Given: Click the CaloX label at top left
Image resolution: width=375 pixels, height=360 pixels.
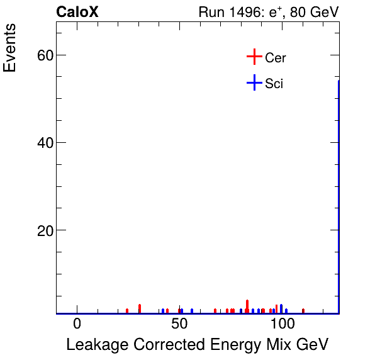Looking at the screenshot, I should click(x=77, y=12).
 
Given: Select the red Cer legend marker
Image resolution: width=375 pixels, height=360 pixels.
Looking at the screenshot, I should click(x=254, y=57).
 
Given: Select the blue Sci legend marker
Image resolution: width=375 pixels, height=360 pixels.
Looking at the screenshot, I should click(x=254, y=82).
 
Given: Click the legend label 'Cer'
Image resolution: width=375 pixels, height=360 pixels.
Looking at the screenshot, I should click(x=276, y=58).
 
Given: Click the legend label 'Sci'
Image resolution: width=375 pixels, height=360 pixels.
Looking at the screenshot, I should click(x=274, y=83).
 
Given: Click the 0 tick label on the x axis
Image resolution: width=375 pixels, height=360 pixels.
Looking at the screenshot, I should click(x=77, y=324).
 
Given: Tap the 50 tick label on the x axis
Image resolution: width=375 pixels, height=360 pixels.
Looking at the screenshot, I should click(x=180, y=324).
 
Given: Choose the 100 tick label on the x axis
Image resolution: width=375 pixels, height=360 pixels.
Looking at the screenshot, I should click(x=283, y=324).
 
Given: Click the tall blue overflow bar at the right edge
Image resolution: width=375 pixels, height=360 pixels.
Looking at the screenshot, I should click(x=339, y=195).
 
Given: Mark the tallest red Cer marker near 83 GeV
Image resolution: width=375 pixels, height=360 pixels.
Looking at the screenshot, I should click(x=247, y=305).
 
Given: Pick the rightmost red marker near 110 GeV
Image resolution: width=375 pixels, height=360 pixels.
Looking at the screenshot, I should click(x=303, y=310).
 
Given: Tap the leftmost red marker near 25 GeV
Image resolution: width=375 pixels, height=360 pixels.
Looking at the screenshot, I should click(x=127, y=310).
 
